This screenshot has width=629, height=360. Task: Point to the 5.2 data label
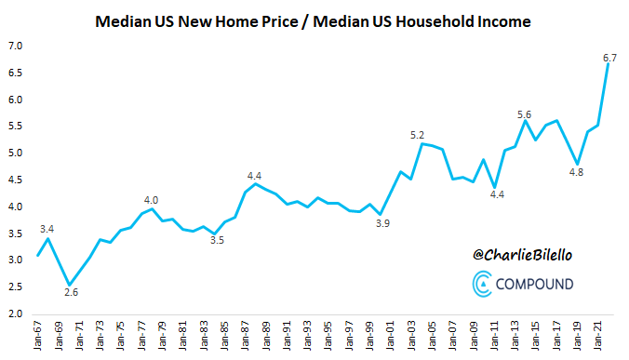point(418,136)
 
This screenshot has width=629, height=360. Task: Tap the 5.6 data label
point(525,114)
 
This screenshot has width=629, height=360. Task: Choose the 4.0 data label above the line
point(151,199)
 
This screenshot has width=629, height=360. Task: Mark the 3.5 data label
point(217,241)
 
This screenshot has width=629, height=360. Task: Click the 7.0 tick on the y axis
point(17,46)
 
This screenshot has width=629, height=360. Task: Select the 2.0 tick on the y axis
point(17,313)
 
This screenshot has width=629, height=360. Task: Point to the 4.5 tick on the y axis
point(17,180)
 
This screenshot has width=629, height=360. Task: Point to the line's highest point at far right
point(608,64)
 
